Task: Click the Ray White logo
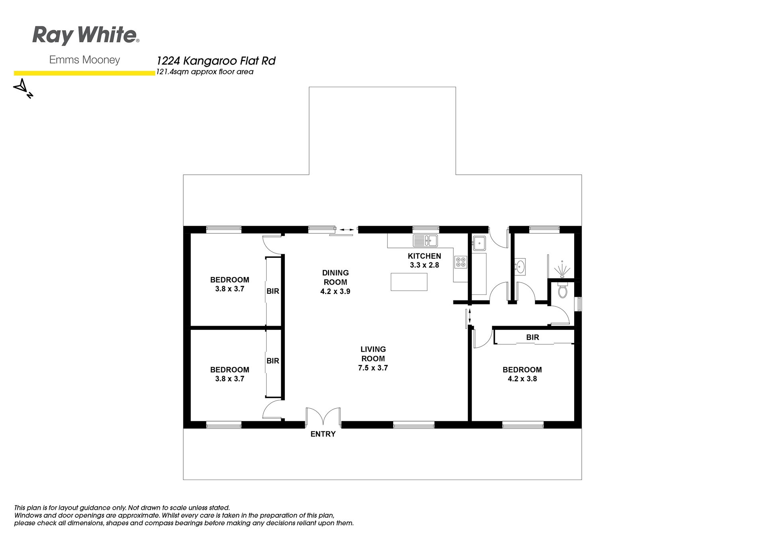click(86, 35)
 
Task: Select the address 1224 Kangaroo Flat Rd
click(216, 61)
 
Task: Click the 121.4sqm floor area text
click(205, 72)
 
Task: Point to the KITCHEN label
click(424, 256)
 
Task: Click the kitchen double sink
click(426, 240)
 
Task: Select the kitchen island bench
click(409, 282)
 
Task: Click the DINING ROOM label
click(335, 277)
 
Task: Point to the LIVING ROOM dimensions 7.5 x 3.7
click(373, 368)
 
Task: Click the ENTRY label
click(323, 434)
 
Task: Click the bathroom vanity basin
click(520, 266)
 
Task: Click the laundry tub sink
click(479, 242)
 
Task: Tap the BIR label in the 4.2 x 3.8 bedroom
click(533, 337)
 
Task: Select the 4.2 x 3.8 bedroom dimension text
click(522, 379)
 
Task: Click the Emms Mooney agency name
click(84, 60)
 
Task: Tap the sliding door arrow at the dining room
click(346, 230)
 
